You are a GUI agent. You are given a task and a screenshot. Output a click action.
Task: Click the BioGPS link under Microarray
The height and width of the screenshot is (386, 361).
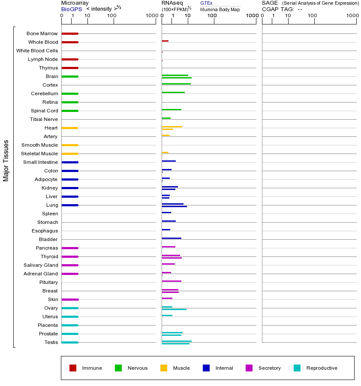click(x=71, y=9)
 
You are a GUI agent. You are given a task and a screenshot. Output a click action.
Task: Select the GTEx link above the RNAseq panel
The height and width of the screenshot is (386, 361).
click(x=206, y=3)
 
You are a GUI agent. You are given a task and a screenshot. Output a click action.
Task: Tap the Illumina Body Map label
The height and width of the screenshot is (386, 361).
click(x=220, y=9)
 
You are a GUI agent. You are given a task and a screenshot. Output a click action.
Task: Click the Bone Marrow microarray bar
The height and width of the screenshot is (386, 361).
click(x=70, y=33)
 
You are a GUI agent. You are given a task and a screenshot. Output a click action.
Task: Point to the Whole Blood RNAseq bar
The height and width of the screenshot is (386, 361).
click(x=165, y=41)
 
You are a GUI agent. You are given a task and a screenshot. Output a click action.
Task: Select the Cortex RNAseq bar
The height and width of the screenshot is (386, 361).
click(x=176, y=84)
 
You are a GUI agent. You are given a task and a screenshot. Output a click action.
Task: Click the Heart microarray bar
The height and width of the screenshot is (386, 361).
click(x=69, y=128)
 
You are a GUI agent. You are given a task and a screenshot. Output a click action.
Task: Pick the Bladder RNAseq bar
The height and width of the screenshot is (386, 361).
click(x=171, y=238)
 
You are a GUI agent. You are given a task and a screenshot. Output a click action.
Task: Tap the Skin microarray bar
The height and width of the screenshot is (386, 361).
click(x=70, y=299)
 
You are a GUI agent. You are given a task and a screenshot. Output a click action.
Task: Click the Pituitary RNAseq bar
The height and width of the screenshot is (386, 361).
click(x=171, y=281)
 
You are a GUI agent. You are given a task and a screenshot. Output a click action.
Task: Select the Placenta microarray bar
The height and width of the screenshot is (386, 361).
click(x=70, y=325)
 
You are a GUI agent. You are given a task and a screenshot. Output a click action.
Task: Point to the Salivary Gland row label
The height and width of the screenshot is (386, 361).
click(x=41, y=265)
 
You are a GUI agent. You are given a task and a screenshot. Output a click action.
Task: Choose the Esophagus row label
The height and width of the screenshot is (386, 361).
click(x=45, y=231)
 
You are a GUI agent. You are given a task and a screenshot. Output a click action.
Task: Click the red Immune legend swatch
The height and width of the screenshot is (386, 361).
click(x=73, y=368)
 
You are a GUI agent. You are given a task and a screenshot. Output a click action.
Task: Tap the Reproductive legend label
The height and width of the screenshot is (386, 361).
click(x=322, y=368)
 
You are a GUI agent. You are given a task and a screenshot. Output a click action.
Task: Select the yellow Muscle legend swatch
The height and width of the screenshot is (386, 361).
click(x=164, y=368)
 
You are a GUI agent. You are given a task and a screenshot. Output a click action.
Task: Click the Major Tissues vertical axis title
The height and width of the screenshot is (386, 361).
click(x=6, y=160)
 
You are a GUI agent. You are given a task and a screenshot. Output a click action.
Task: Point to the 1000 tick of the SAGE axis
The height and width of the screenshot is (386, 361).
click(x=352, y=15)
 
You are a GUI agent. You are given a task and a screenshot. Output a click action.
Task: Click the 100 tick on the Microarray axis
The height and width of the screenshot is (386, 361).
click(x=112, y=15)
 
